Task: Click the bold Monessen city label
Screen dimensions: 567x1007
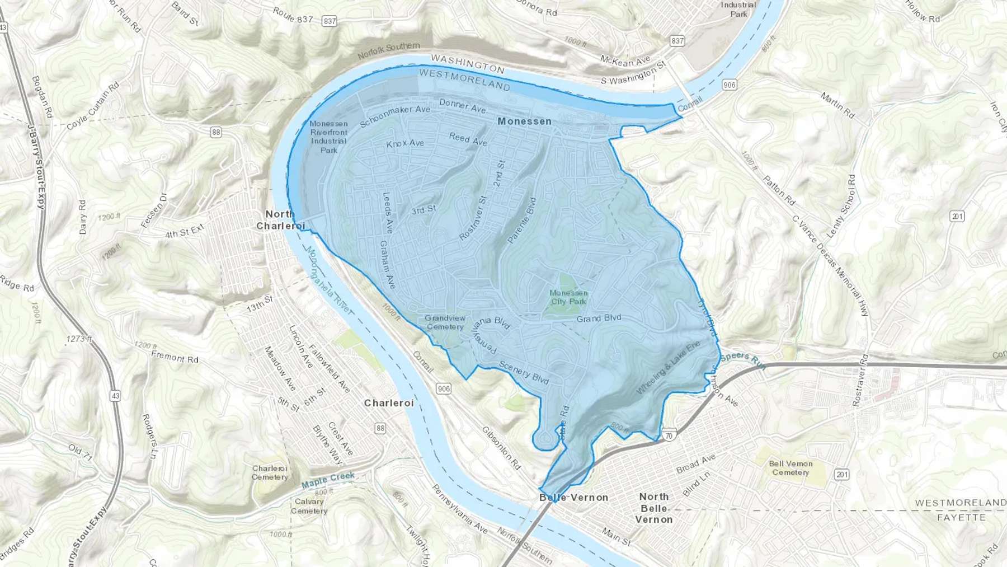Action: (524, 121)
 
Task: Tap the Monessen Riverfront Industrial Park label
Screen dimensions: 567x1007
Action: (328, 137)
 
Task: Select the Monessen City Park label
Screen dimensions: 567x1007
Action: (568, 297)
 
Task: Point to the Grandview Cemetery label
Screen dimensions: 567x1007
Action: (445, 322)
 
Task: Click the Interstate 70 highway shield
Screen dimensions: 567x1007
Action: (669, 435)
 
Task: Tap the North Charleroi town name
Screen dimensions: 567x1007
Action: (280, 220)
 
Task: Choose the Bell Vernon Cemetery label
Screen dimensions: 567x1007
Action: (790, 468)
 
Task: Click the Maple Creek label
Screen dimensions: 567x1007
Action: (328, 480)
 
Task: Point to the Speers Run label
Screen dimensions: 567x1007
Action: (742, 358)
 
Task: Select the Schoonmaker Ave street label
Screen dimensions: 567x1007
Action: (394, 115)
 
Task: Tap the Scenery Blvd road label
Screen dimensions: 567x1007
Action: (524, 372)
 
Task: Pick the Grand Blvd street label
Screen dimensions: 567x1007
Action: (599, 318)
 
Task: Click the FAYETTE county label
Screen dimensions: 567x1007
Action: (961, 517)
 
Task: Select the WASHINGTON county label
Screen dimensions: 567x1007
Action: (468, 64)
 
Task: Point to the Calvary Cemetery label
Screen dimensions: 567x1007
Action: (309, 506)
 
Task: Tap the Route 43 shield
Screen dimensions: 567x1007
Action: (115, 396)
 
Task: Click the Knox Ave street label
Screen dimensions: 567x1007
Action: (405, 144)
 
